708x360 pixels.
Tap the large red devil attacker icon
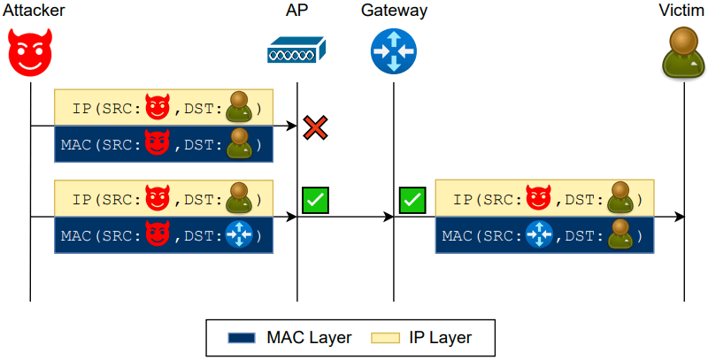click(30, 52)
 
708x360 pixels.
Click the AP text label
click(296, 11)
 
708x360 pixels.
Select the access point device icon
click(296, 50)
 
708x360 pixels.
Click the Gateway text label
click(394, 11)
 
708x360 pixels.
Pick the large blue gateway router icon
click(393, 50)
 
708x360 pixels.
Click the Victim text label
click(682, 11)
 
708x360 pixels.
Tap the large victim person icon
click(683, 51)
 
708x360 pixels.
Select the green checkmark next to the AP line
click(315, 200)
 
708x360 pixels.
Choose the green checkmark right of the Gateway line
click(412, 200)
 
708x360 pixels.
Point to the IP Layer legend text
click(440, 337)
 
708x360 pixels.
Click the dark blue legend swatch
click(242, 337)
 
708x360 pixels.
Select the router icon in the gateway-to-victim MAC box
click(539, 236)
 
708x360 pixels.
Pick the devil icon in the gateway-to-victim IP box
click(537, 199)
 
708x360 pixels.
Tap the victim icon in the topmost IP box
click(239, 108)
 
